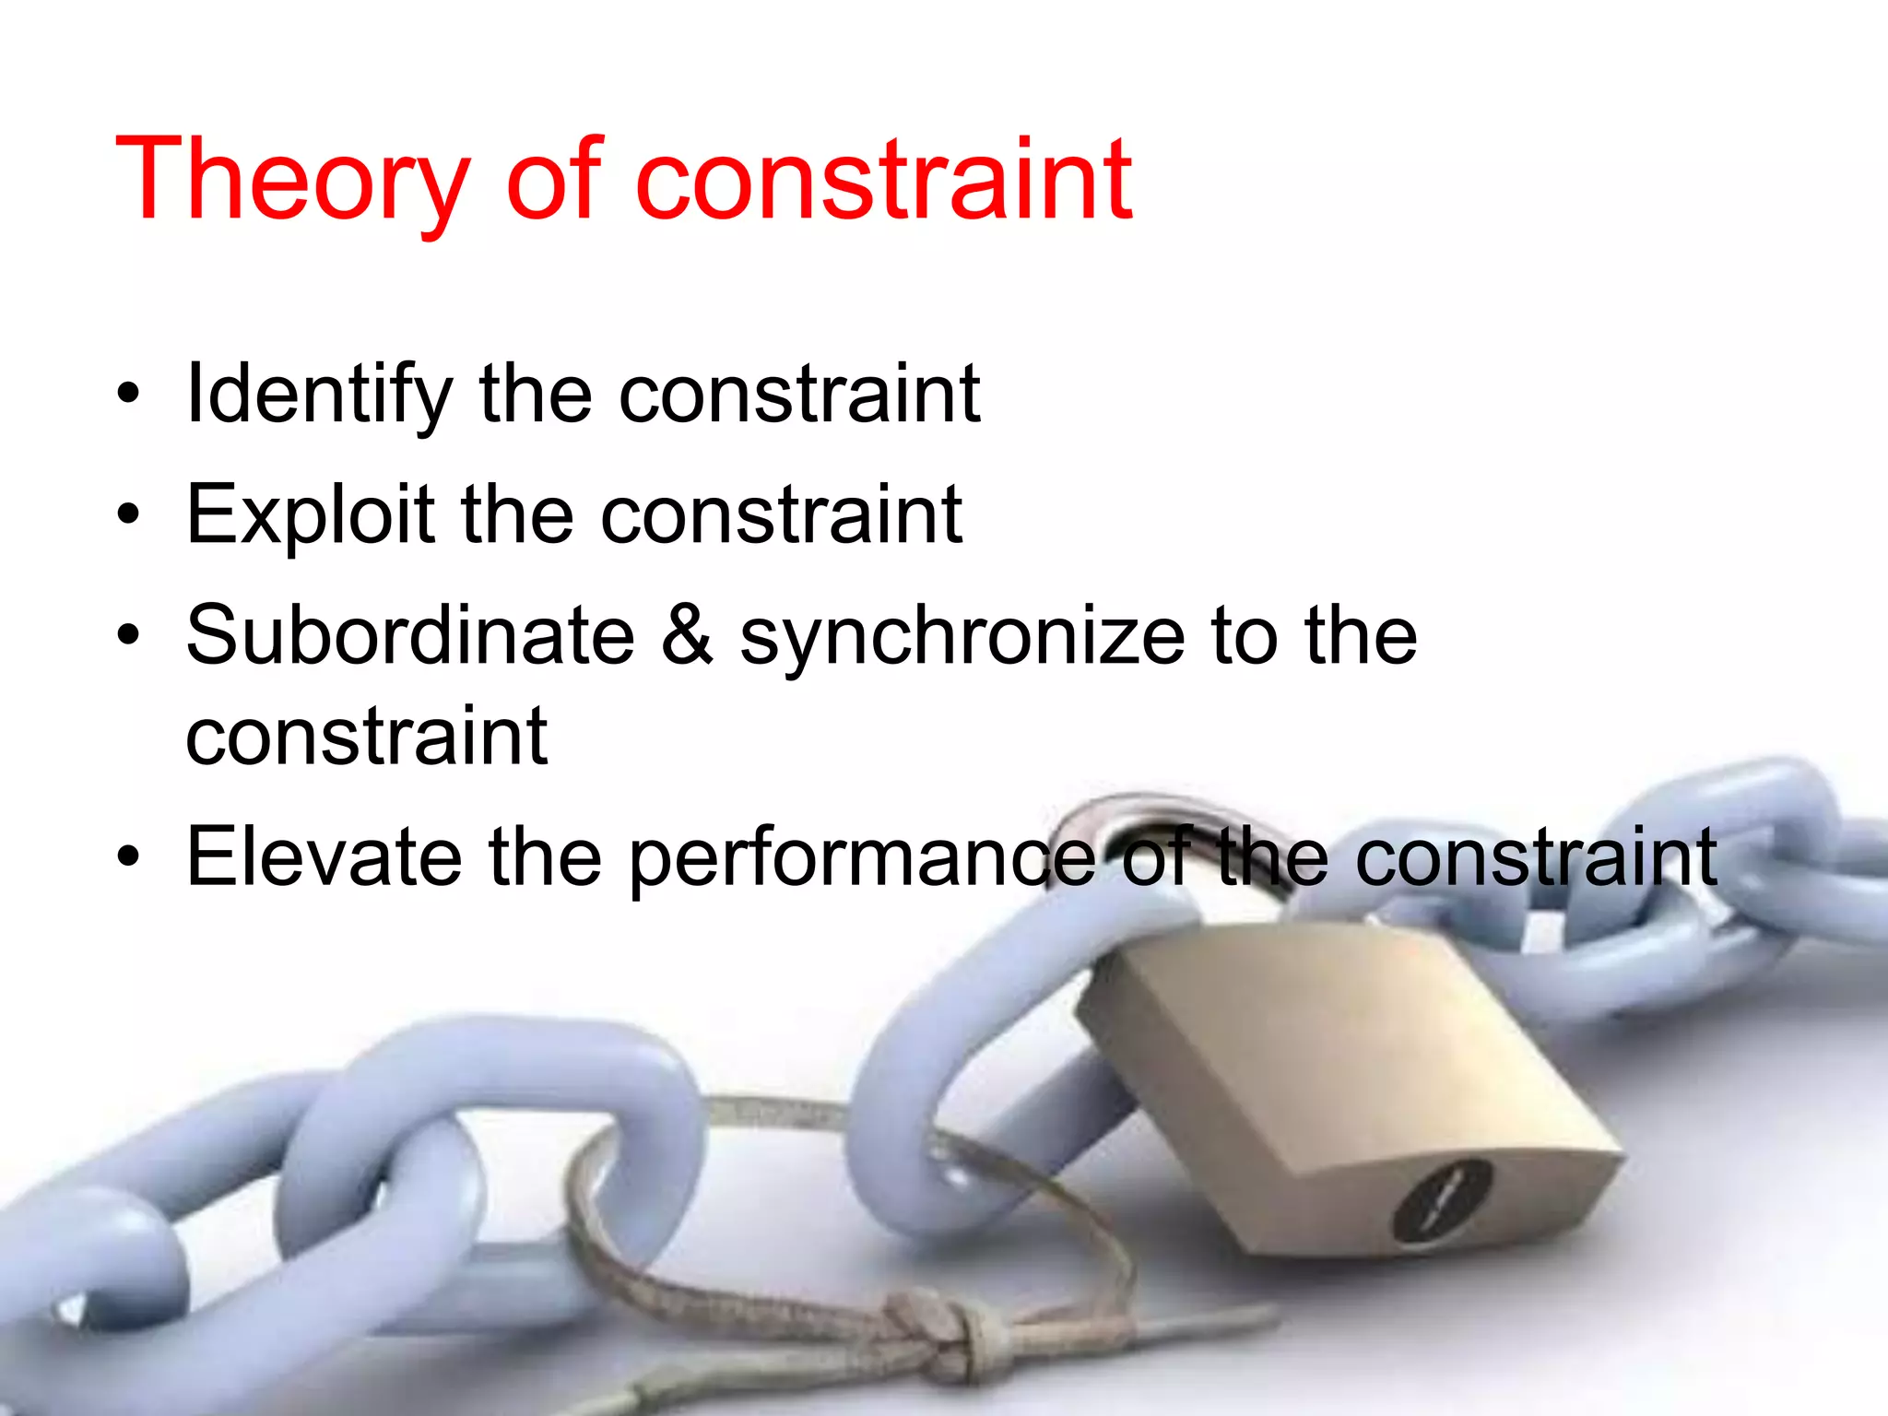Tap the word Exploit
310,514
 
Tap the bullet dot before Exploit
128,514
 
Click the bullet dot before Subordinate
128,635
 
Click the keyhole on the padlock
1441,1198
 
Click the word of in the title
553,180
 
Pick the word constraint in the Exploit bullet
781,514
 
